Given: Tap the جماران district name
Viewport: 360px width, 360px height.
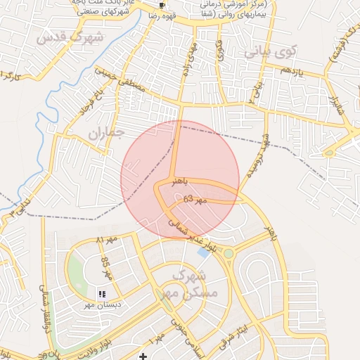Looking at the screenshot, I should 106,131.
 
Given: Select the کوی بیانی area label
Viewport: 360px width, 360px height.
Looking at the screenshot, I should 271,52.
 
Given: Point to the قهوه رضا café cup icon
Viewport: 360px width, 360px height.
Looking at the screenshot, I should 162,5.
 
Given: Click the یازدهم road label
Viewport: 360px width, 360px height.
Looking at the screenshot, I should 291,72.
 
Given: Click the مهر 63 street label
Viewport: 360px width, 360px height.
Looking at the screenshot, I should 195,200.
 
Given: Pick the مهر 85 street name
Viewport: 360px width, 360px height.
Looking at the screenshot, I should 105,267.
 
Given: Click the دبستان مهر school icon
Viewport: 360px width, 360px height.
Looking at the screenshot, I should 103,294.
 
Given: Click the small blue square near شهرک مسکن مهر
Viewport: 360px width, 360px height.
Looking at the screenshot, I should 203,251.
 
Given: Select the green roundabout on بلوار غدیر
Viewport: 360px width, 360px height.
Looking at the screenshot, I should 228,253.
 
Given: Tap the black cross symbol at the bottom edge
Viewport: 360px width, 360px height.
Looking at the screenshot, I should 143,356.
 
